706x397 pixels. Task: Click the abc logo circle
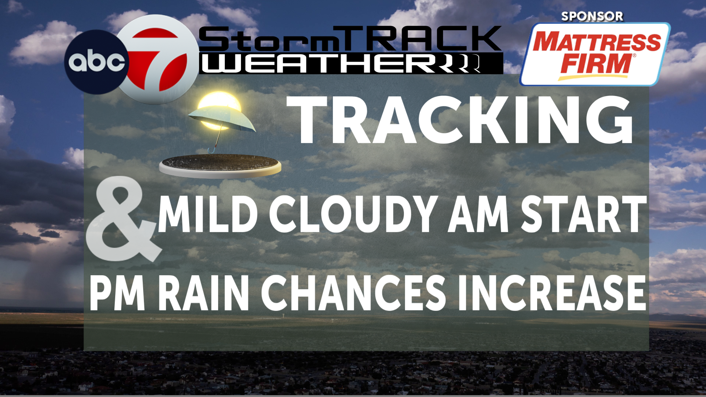96,62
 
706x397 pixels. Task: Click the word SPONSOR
592,16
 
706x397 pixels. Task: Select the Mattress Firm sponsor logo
595,54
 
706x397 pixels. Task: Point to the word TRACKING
460,120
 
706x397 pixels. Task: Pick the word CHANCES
353,293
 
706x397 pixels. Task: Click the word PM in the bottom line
117,293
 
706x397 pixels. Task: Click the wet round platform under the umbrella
220,166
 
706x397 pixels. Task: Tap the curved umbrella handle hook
212,149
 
